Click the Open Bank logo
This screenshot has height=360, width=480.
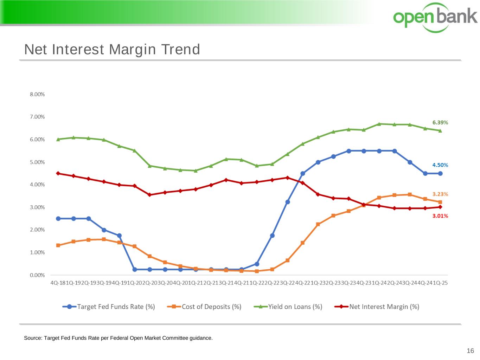click(435, 17)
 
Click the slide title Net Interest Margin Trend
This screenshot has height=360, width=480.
click(112, 50)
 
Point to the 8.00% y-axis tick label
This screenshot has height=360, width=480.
click(37, 94)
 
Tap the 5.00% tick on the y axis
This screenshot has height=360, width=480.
click(37, 162)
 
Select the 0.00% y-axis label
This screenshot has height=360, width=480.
click(37, 275)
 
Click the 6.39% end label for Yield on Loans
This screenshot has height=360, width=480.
click(440, 122)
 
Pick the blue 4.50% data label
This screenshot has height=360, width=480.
click(440, 165)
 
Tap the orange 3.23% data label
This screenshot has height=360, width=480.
click(440, 194)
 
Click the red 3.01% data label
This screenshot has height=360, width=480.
click(440, 216)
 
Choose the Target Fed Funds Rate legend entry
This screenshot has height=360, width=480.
click(109, 307)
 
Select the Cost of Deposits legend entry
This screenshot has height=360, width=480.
click(205, 307)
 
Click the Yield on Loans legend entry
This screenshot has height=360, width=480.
click(288, 307)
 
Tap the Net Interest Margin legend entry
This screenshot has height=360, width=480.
click(377, 307)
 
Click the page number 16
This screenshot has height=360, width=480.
click(470, 351)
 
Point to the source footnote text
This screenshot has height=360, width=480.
click(118, 338)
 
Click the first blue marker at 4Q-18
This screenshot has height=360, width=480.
click(58, 219)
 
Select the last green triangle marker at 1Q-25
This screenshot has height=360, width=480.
click(440, 130)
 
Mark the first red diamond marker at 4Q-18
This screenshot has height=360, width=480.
click(58, 173)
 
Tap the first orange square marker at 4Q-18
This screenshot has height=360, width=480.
click(58, 245)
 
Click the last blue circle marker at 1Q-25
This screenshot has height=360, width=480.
click(440, 173)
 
